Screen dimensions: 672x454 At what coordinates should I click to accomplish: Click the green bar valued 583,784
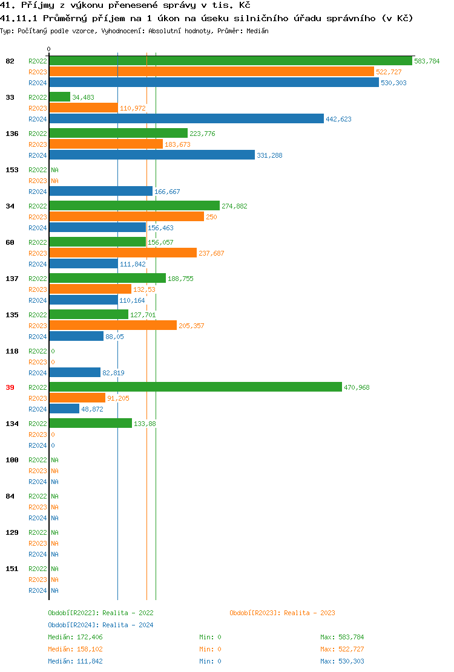click(230, 61)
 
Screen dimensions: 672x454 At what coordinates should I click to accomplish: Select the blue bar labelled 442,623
click(186, 119)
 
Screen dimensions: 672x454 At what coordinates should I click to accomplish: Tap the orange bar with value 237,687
click(123, 253)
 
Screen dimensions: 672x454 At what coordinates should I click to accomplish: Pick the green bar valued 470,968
click(195, 387)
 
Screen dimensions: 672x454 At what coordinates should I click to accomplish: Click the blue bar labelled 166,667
click(100, 192)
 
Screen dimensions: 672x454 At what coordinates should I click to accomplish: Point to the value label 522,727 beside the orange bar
click(389, 72)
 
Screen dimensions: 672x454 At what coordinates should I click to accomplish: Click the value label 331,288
click(269, 155)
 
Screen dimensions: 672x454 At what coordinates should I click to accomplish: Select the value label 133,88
click(145, 424)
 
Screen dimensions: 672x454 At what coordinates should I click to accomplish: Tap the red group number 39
click(10, 387)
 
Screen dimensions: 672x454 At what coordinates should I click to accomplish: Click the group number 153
click(12, 170)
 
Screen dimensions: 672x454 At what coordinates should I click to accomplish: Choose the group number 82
click(10, 61)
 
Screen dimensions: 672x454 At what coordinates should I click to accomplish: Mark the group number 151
click(12, 569)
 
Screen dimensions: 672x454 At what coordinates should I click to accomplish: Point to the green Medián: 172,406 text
click(79, 637)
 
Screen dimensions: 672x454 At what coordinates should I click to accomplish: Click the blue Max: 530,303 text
click(342, 661)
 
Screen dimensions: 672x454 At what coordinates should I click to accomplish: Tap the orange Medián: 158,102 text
click(79, 649)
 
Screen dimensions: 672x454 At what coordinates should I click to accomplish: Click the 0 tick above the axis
click(49, 49)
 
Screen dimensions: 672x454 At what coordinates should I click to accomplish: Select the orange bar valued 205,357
click(113, 326)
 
